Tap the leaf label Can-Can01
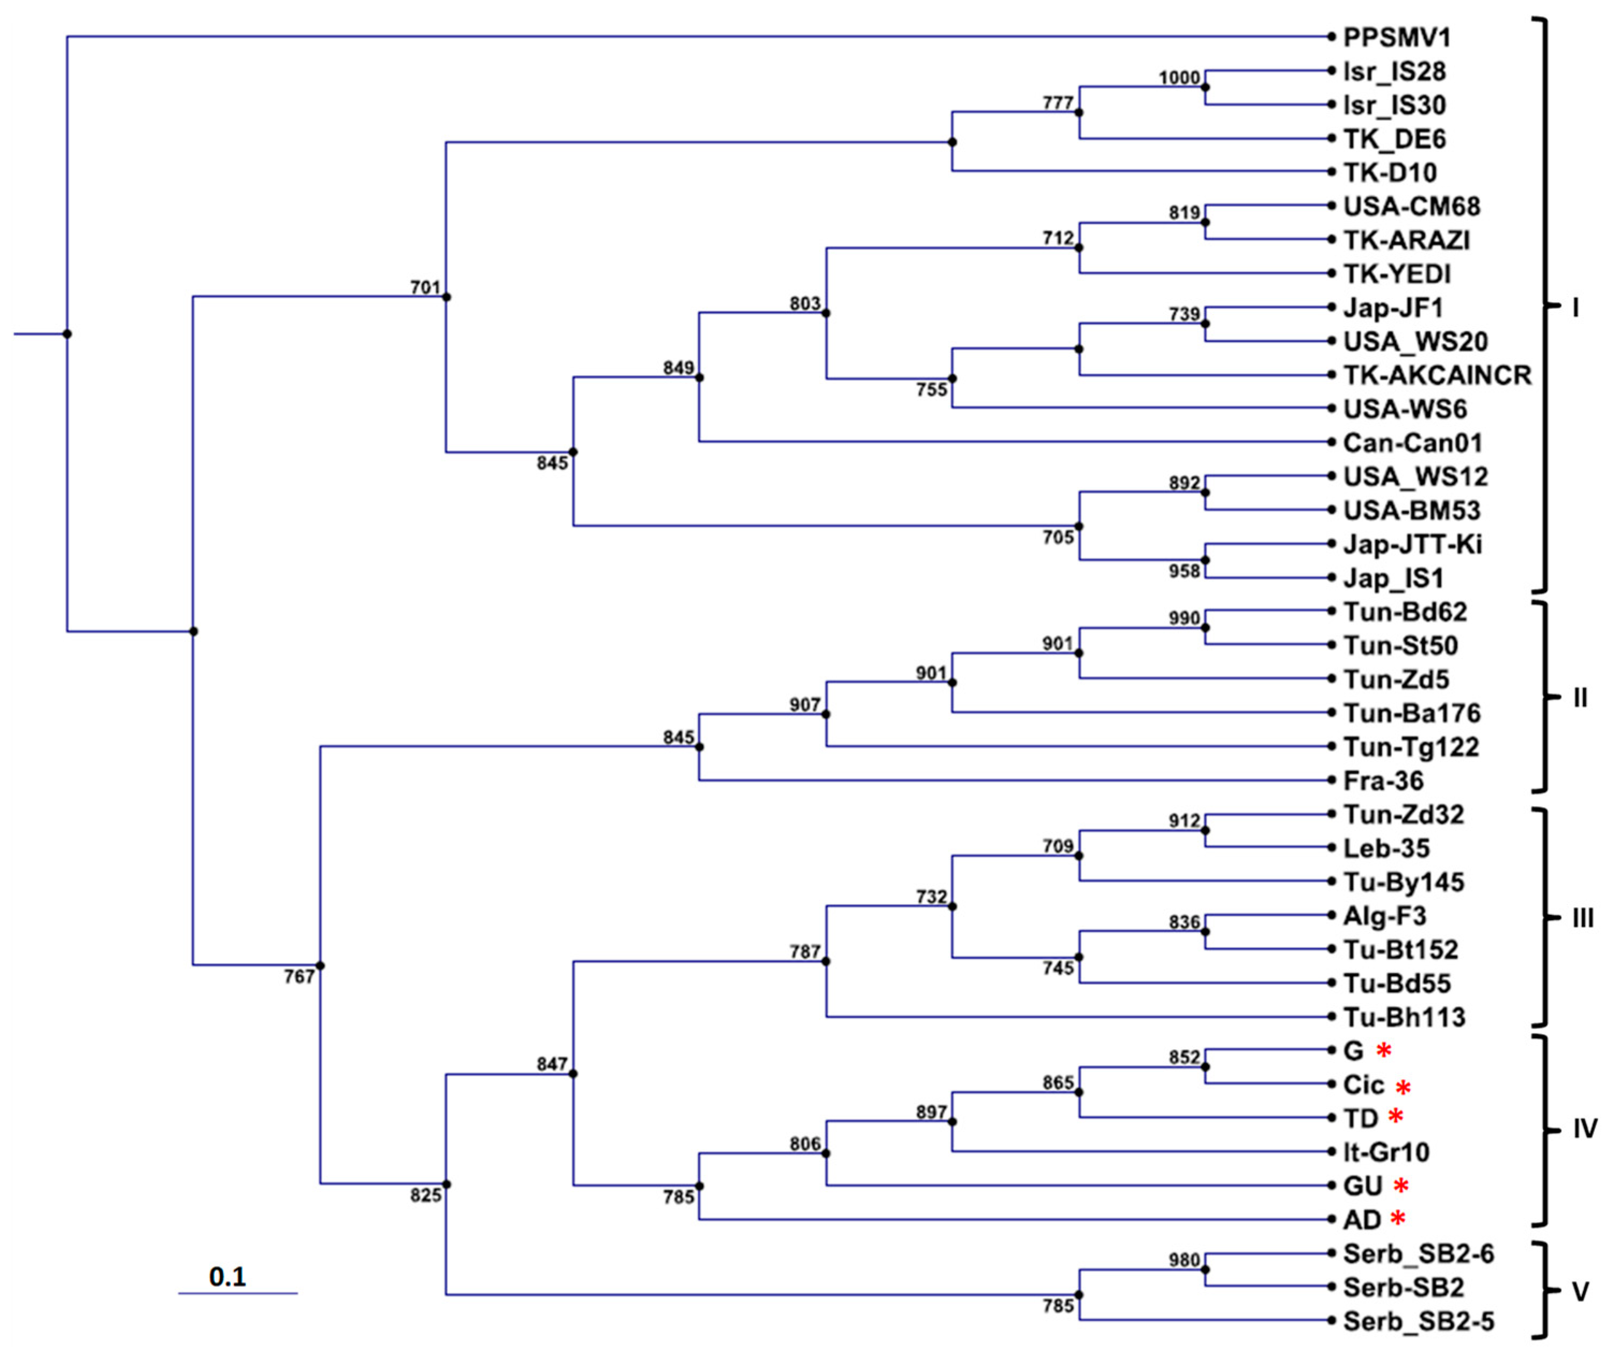point(1412,442)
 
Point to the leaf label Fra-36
point(1383,781)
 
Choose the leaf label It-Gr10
point(1386,1152)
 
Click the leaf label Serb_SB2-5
point(1418,1321)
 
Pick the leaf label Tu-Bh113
point(1404,1017)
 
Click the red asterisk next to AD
point(1398,1218)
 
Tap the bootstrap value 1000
point(1179,78)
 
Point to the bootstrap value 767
point(299,977)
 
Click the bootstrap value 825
point(426,1195)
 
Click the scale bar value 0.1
point(228,1276)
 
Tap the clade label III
point(1583,918)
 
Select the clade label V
point(1580,1292)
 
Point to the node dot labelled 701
point(446,297)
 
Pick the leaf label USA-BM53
point(1412,510)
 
